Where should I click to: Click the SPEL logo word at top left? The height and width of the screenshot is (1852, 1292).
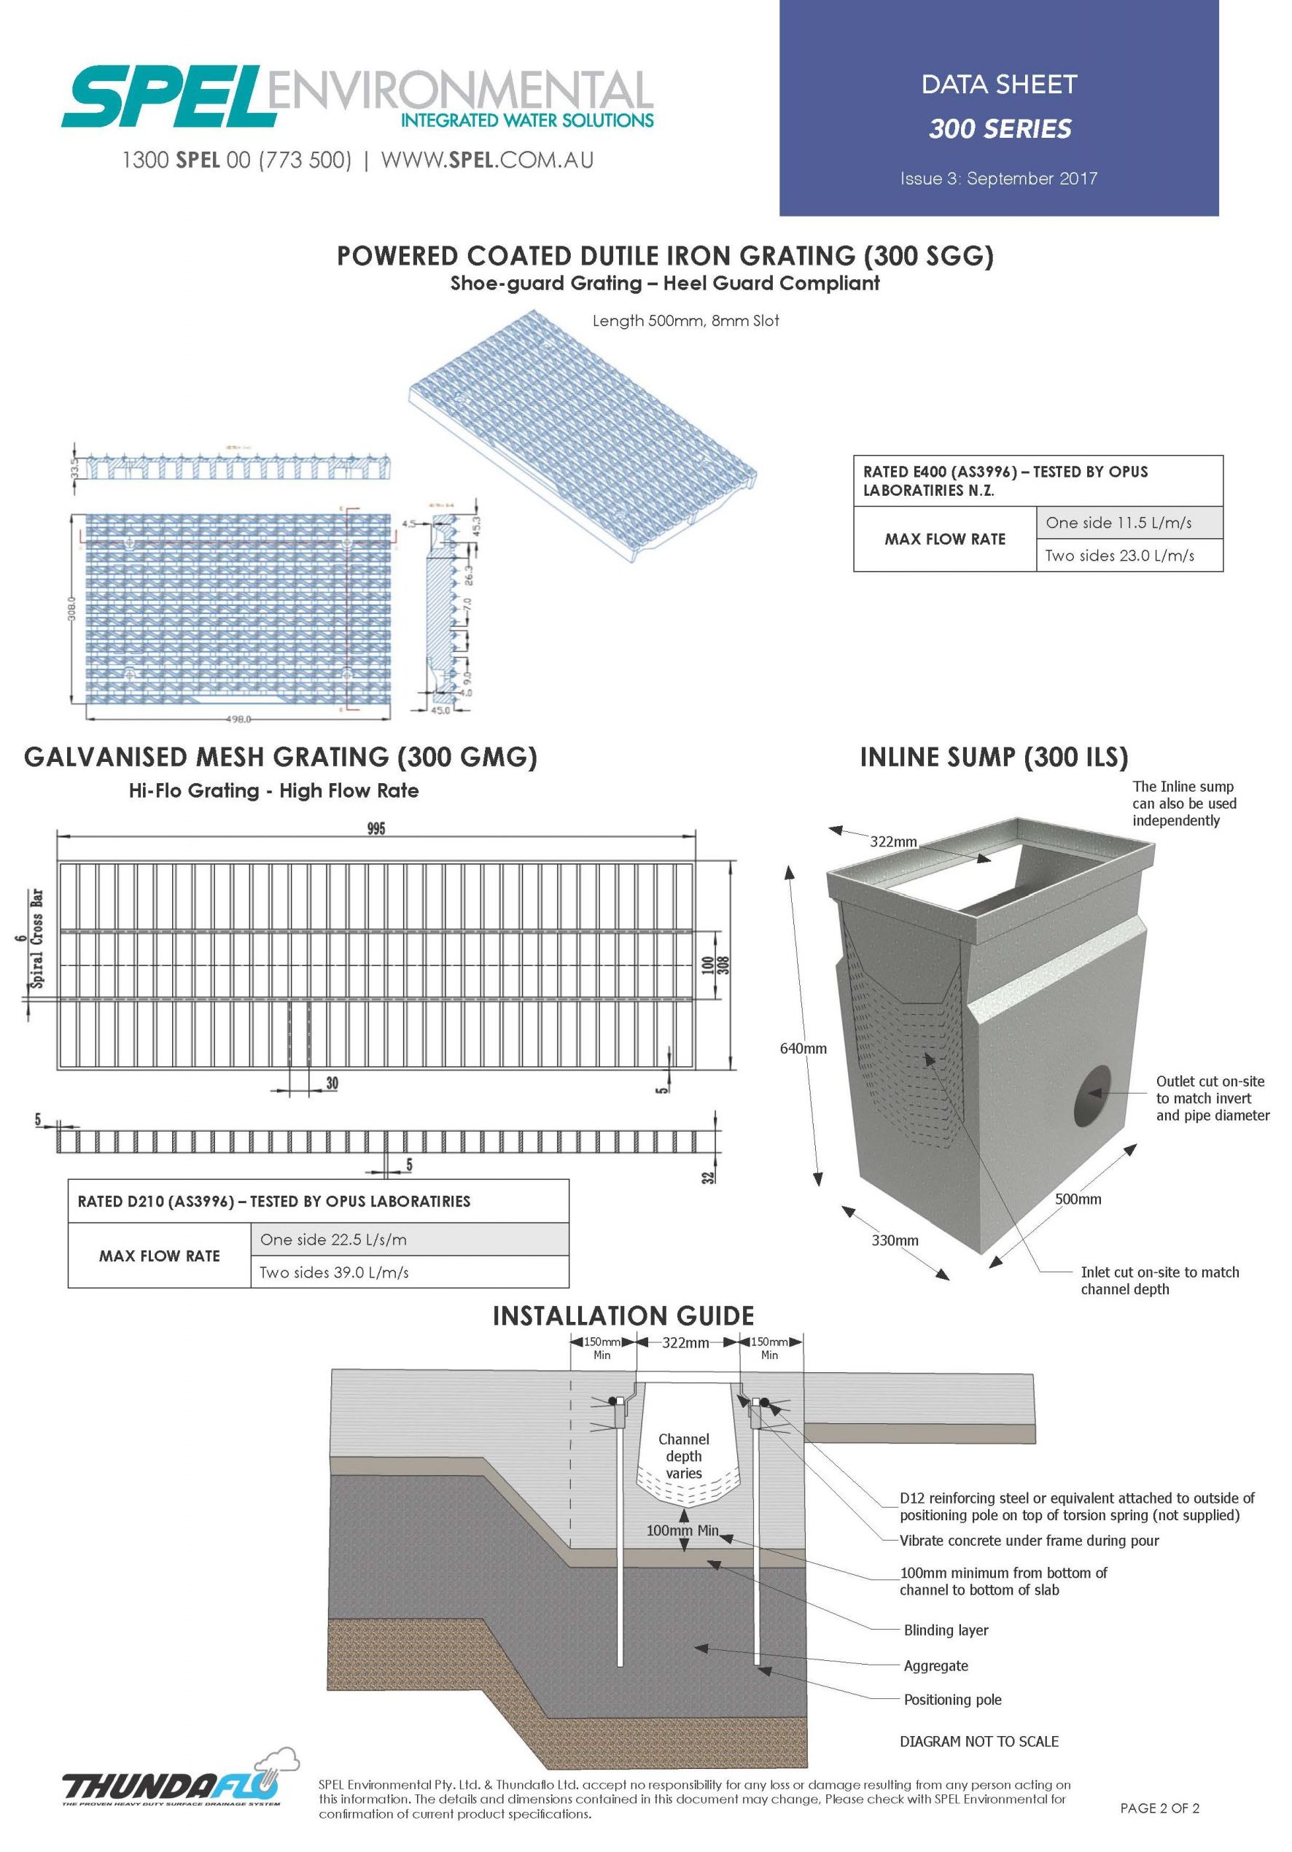(x=166, y=98)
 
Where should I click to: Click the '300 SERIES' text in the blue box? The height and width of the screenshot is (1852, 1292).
(x=999, y=128)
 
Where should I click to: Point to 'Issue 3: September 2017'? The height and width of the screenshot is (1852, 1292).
(x=998, y=178)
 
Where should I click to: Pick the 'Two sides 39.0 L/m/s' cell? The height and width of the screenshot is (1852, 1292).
(x=334, y=1272)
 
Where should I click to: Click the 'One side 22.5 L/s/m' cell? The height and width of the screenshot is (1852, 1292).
(x=333, y=1240)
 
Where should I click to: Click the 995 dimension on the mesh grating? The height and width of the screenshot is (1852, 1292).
(x=375, y=828)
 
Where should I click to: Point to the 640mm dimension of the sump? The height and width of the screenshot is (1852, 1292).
(x=803, y=1048)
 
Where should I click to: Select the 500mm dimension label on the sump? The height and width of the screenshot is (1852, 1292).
(x=1078, y=1199)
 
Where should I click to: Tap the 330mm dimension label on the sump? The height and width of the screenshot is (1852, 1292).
(x=895, y=1240)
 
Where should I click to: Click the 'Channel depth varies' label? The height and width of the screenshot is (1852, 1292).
(x=683, y=1456)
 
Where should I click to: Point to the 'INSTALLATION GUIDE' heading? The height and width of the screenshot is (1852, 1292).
(x=623, y=1315)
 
